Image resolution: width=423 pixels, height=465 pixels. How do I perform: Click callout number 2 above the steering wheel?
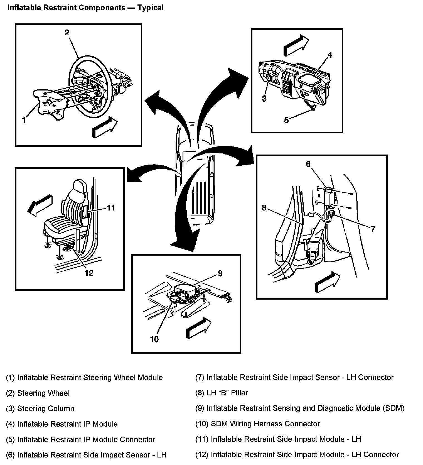[67, 33]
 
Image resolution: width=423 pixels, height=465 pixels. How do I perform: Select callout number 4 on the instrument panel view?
[329, 55]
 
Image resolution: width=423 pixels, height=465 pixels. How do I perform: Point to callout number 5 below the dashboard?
[286, 120]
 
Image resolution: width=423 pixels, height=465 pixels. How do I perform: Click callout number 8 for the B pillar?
[264, 208]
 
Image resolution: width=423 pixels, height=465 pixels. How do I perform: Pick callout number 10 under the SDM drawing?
[154, 339]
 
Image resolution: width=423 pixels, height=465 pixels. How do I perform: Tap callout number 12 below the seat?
[89, 273]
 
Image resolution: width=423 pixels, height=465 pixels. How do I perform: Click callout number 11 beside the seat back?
[111, 208]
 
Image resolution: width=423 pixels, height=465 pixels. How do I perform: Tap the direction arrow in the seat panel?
[40, 205]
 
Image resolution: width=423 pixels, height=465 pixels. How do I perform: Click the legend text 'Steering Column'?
[46, 408]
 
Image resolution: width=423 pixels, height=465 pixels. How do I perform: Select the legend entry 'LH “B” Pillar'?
[227, 393]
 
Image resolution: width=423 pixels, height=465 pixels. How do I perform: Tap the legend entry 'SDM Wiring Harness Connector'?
[265, 424]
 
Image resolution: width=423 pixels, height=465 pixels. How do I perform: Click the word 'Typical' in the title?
[151, 8]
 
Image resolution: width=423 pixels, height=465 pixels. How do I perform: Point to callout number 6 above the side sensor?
[308, 164]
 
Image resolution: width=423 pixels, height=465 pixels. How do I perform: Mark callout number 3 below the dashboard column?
[264, 98]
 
